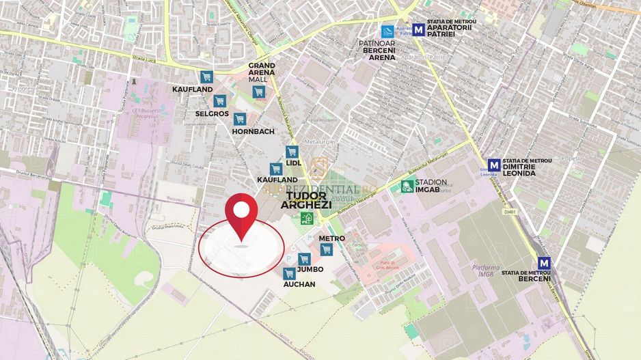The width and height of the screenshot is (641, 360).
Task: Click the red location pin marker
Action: [242, 213]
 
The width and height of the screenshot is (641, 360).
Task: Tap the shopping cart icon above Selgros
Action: [220, 101]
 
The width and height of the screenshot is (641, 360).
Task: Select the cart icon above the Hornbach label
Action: [239, 119]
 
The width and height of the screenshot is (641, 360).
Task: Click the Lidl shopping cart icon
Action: [292, 152]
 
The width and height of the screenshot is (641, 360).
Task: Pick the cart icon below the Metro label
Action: [327, 249]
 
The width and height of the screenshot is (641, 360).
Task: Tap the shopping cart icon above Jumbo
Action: [304, 259]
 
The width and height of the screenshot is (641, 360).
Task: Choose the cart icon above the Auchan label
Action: [289, 273]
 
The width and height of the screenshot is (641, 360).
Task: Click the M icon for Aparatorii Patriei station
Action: [418, 29]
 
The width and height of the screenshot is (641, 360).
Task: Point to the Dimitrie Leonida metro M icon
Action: [493, 164]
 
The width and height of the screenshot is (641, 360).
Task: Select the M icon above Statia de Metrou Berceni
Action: [544, 262]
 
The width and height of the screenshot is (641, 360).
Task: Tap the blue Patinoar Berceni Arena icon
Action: [387, 31]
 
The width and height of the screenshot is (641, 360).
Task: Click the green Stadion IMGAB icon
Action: [407, 185]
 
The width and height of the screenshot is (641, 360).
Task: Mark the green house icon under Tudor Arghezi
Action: [308, 218]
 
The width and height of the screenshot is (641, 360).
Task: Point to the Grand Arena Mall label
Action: [262, 72]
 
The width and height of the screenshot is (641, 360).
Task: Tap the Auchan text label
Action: [299, 284]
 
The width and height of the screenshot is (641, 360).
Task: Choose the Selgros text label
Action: [212, 113]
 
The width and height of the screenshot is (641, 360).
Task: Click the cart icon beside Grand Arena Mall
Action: [258, 92]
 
